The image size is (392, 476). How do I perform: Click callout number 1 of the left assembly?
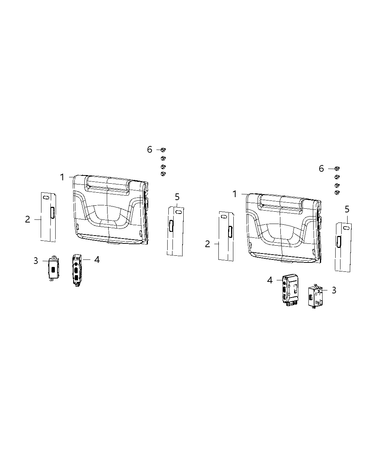[x=62, y=177]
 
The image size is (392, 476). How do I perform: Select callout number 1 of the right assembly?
[x=234, y=194]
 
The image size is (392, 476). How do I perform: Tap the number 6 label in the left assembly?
[x=150, y=149]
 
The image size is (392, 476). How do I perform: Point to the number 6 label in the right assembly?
[x=321, y=168]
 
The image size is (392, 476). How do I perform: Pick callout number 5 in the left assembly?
[x=177, y=197]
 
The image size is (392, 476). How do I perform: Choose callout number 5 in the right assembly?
[x=347, y=209]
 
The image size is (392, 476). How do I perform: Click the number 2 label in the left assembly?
[x=28, y=219]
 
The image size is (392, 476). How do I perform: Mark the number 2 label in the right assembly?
[x=208, y=244]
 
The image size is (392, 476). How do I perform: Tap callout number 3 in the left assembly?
[x=36, y=261]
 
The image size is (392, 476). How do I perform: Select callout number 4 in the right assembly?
[x=270, y=280]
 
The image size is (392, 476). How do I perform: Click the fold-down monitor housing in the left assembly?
[x=110, y=211]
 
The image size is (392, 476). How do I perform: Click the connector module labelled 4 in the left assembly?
[x=77, y=270]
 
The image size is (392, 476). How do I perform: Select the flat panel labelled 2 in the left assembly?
[x=48, y=217]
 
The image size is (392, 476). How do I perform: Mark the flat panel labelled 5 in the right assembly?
[x=343, y=246]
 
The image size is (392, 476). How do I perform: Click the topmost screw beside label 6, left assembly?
[x=163, y=150]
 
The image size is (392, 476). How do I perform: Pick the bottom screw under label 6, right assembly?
[x=337, y=192]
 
